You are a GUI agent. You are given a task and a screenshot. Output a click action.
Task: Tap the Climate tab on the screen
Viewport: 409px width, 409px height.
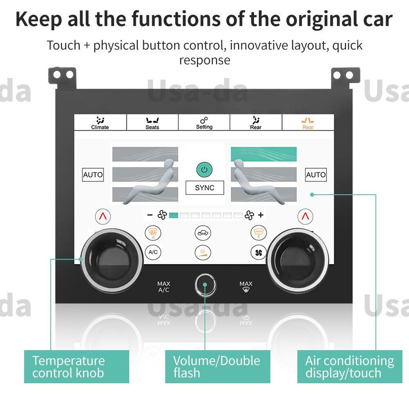[x=100, y=123]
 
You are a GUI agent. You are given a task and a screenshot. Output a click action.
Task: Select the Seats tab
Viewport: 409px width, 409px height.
[x=152, y=123]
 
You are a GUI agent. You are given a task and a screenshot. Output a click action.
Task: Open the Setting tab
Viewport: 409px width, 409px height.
[x=204, y=123]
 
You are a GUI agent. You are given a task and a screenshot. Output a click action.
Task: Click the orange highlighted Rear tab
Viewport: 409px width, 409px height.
[x=308, y=123]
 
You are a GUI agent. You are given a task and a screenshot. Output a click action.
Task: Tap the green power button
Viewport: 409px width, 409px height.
[x=204, y=169]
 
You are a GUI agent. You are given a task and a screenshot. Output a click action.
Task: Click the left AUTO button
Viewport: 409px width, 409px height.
[x=93, y=175]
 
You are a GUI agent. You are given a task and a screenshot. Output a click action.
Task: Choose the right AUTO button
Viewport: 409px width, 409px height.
[x=316, y=175]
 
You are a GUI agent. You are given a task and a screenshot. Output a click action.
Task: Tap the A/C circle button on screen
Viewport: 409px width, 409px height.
[x=153, y=252]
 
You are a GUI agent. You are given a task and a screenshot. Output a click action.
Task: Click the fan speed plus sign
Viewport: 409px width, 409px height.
[x=261, y=215]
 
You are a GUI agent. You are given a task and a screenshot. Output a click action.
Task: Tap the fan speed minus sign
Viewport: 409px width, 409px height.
[x=150, y=215]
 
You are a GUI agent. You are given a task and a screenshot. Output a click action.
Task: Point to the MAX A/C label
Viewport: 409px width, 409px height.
[x=164, y=287]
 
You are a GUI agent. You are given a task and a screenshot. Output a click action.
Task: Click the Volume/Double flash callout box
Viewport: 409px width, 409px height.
[x=217, y=366]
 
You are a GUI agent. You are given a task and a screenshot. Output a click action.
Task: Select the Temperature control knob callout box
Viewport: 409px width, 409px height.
[x=76, y=366]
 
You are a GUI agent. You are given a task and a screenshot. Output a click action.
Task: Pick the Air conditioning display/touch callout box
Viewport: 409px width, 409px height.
[x=350, y=366]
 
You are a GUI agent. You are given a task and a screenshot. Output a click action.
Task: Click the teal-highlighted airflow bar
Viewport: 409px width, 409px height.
[x=264, y=154]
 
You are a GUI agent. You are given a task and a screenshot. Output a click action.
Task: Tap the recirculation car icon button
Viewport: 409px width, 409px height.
[x=203, y=233]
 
